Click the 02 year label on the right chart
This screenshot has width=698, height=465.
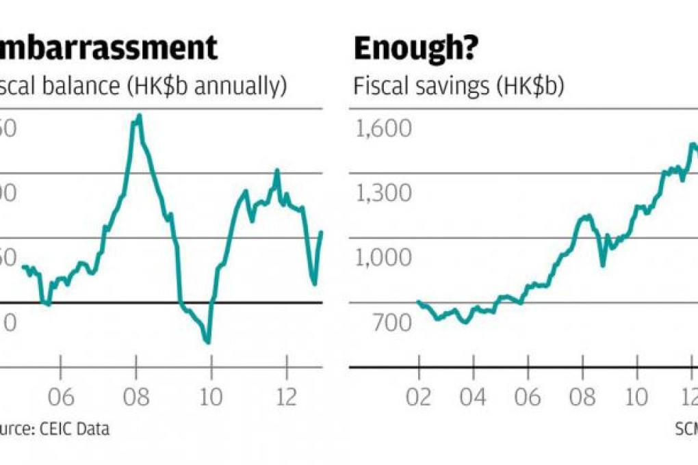[x=419, y=397]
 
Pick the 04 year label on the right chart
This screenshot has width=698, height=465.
[x=474, y=397]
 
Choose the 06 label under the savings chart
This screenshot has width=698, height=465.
[x=528, y=397]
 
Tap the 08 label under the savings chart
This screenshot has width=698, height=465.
[x=582, y=397]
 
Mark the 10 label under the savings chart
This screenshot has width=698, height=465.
[x=637, y=397]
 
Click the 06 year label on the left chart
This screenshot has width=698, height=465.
[x=60, y=397]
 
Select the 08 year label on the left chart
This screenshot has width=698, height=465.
[x=136, y=397]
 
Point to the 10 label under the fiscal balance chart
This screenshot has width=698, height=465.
[x=211, y=397]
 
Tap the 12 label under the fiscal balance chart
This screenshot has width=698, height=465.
[x=287, y=397]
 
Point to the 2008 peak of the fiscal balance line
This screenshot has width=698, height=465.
[x=139, y=116]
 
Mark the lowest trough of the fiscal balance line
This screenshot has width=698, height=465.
[x=207, y=342]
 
